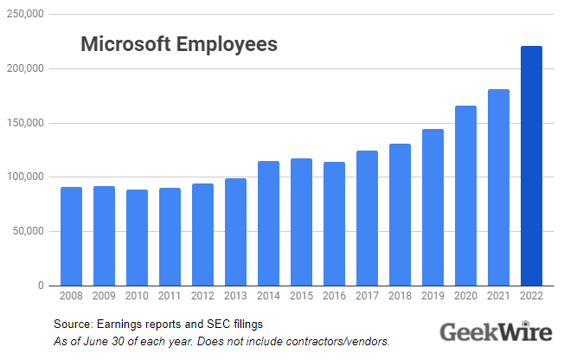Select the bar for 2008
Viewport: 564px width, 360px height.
[x=72, y=236]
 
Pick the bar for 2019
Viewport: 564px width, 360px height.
[x=433, y=208]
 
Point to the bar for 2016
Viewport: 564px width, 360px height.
[x=334, y=224]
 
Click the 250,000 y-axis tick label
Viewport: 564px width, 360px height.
[x=27, y=15]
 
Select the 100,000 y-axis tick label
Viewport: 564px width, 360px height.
[x=27, y=177]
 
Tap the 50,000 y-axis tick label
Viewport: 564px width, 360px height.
[x=29, y=232]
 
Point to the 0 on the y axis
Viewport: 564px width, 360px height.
[x=40, y=286]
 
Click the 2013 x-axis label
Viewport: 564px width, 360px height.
[x=235, y=297]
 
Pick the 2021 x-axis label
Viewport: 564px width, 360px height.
[x=497, y=297]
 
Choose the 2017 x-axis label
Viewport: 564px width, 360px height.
[x=367, y=297]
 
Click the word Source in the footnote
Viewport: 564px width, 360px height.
[x=71, y=324]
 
